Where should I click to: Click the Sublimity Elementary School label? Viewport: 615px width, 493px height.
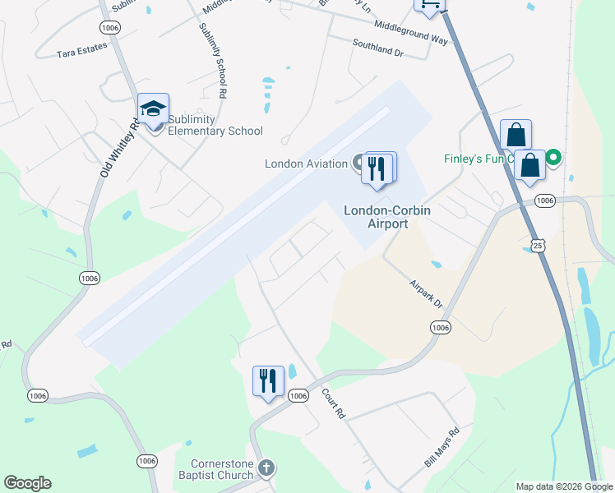coord(215,125)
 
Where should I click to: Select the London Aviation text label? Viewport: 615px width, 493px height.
coord(306,164)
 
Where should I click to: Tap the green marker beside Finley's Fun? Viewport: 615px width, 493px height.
coord(554,157)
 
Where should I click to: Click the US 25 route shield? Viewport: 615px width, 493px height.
coord(537,245)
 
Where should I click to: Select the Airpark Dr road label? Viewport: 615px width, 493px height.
coord(426,293)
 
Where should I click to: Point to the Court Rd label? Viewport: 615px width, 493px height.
coord(333,404)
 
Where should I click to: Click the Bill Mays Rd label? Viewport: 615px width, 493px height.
coord(442,448)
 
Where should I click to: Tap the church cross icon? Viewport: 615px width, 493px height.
coord(266,468)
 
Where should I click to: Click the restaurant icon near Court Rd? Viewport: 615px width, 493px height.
coord(268,381)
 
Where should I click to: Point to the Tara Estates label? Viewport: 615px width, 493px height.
coord(82,50)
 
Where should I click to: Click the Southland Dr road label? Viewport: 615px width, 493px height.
coord(377,48)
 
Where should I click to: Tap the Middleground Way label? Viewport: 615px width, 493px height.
coord(410,33)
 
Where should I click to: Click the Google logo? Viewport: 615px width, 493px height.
coord(27,483)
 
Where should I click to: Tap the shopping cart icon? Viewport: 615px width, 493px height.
coord(428,4)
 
